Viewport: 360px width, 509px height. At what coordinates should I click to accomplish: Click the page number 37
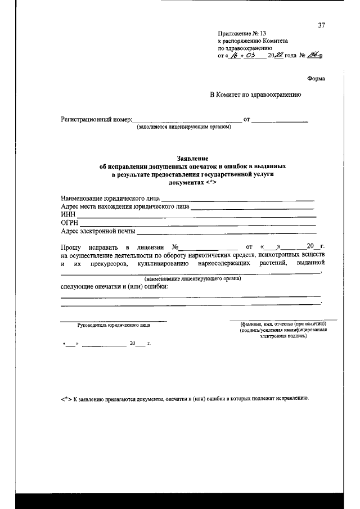coord(322,25)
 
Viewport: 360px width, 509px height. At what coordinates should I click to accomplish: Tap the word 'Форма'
coord(316,78)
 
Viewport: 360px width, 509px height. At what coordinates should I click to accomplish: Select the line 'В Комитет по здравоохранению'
coord(256,94)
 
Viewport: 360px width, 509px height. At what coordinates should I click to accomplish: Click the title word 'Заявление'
coord(192,159)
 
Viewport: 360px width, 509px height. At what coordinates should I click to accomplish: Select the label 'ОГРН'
coord(69,223)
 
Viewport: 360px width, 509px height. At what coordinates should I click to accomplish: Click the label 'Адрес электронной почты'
coord(98,231)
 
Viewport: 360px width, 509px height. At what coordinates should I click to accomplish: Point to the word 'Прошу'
coord(71,246)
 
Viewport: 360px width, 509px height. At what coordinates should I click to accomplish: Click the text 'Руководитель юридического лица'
coord(114,325)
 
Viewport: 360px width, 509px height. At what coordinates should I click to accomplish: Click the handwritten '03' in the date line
coord(250,55)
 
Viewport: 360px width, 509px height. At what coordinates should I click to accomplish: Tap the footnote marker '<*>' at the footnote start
coord(66,398)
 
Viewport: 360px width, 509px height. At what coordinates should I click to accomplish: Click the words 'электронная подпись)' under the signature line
coord(283,336)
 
